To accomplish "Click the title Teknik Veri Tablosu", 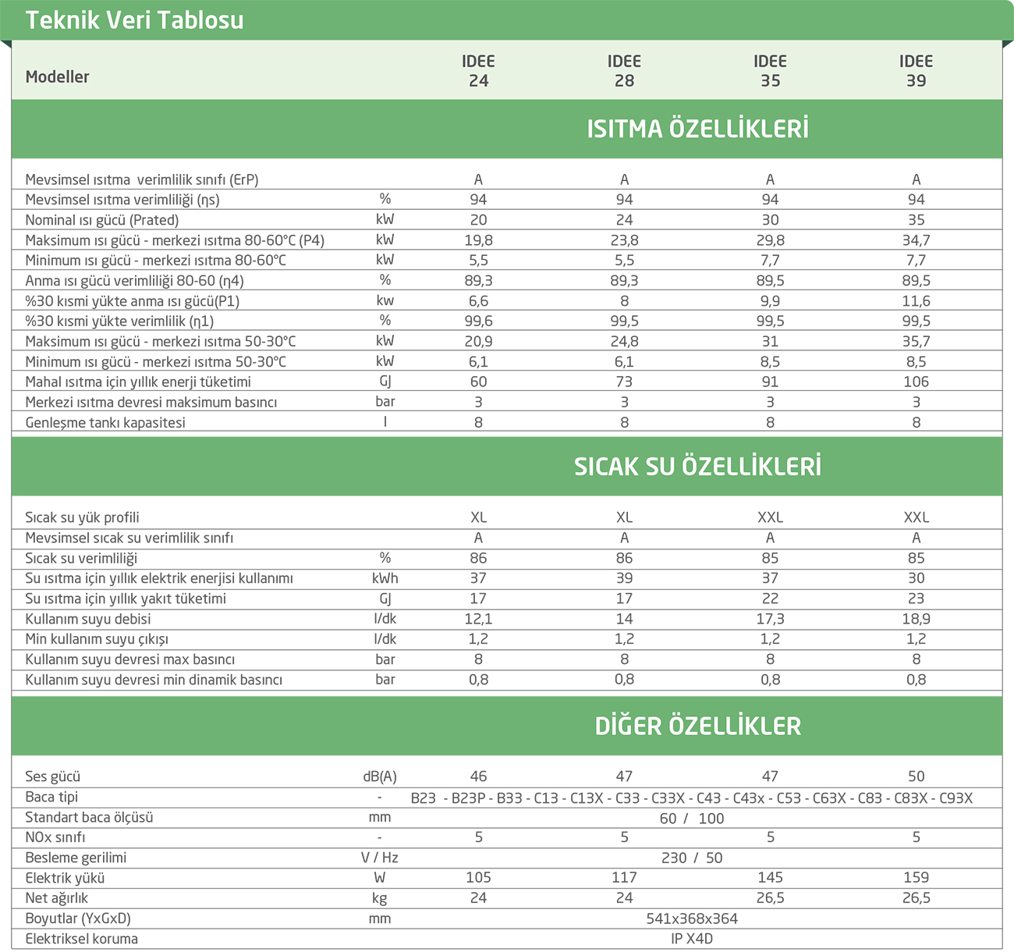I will pos(134,20).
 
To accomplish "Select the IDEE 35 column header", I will pos(770,71).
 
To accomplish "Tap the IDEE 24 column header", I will pos(478,71).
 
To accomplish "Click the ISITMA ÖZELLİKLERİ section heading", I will pos(697,129).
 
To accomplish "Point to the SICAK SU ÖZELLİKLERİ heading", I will pos(697,467).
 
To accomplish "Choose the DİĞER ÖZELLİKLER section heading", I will pos(697,726).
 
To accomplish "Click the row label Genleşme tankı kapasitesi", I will pos(105,422).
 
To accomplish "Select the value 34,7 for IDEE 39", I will pos(916,240).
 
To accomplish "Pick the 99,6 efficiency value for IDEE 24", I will pos(478,321).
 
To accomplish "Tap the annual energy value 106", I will pos(916,382).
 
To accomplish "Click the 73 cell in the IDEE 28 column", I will pos(624,382).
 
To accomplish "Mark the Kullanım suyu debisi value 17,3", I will pos(770,619).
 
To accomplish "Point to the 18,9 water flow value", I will pos(916,619).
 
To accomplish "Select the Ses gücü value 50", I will pos(916,776).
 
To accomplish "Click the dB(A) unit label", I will pos(380,776).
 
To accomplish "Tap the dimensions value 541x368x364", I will pos(692,918).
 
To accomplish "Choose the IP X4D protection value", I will pos(692,939).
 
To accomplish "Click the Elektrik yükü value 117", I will pos(624,878).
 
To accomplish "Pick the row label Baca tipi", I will pos(51,797).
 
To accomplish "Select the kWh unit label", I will pos(385,578).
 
